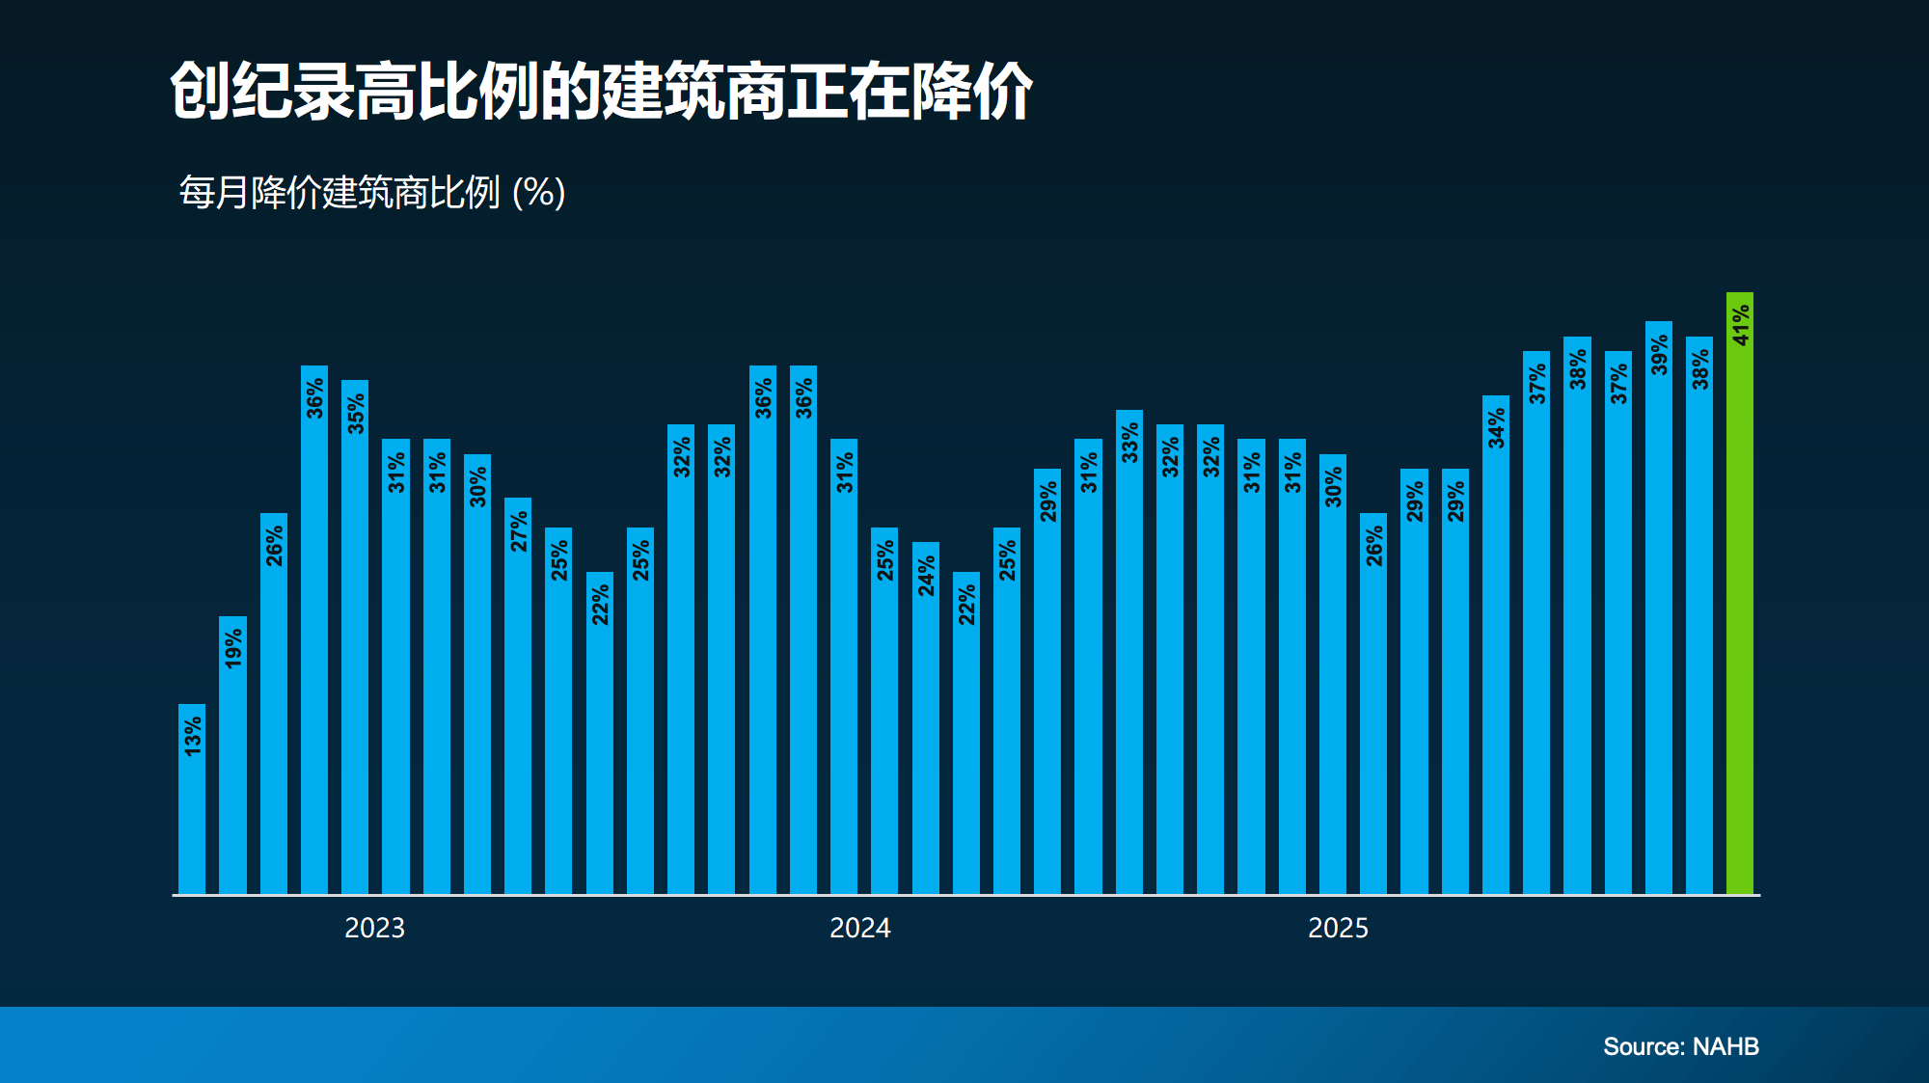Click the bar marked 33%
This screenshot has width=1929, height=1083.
pyautogui.click(x=1129, y=656)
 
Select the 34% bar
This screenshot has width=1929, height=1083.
pyautogui.click(x=1496, y=646)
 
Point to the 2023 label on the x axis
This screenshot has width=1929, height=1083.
pyautogui.click(x=375, y=928)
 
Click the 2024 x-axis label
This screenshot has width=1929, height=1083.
pyautogui.click(x=860, y=928)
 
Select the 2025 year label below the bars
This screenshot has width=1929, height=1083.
pyautogui.click(x=1338, y=928)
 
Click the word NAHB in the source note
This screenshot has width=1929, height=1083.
pyautogui.click(x=1725, y=1046)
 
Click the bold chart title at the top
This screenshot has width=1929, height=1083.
pyautogui.click(x=601, y=93)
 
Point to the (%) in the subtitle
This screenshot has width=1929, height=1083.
pyautogui.click(x=539, y=193)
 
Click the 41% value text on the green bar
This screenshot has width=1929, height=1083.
pyautogui.click(x=1740, y=325)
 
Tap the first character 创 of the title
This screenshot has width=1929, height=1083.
pyautogui.click(x=200, y=93)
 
